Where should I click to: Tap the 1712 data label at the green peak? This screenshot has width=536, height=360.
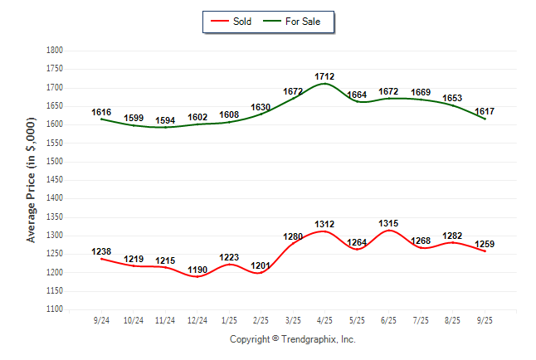324,76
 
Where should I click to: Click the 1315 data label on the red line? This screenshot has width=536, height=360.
388,223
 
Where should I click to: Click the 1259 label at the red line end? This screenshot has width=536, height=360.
485,244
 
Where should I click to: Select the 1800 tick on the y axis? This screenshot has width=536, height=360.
55,51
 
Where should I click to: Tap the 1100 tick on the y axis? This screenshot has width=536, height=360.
55,309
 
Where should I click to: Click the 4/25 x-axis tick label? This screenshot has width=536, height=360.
324,319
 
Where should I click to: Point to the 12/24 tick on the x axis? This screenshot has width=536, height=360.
197,319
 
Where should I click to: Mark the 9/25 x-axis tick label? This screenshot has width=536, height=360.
485,319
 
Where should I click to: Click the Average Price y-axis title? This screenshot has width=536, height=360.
32,180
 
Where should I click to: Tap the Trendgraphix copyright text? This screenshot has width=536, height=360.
292,339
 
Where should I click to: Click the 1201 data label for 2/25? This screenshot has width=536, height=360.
261,265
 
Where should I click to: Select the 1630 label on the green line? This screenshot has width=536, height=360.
261,107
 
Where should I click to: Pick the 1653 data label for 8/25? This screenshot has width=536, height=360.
452,98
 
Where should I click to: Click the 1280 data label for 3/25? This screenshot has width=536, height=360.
293,236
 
